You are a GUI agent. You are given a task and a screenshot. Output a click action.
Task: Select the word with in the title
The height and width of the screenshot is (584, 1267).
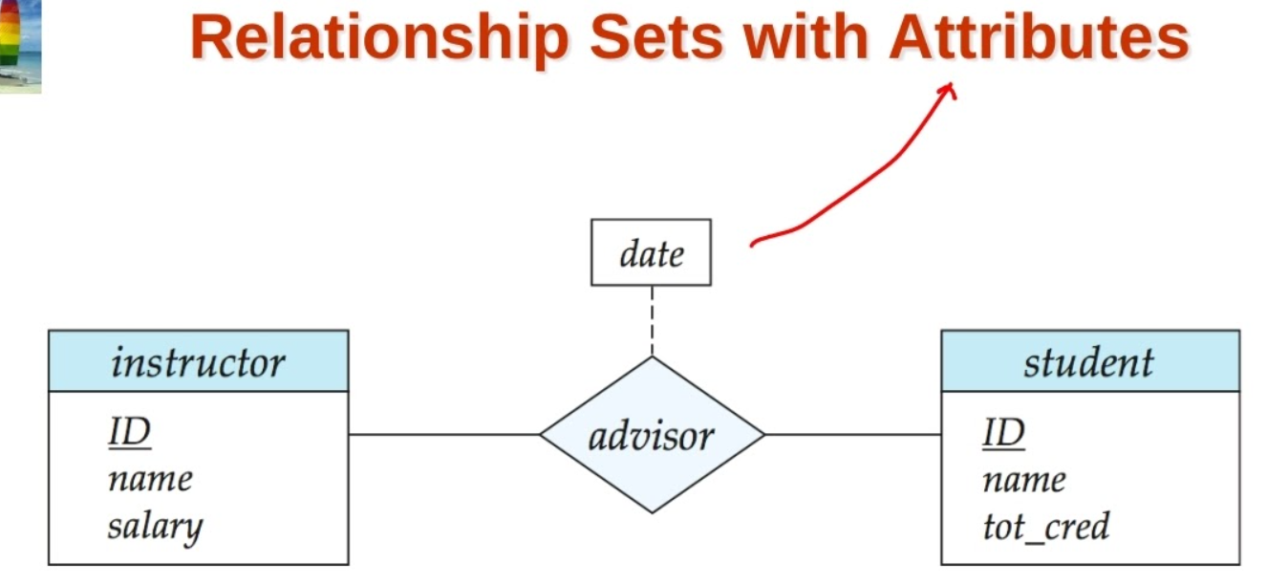pyautogui.click(x=804, y=38)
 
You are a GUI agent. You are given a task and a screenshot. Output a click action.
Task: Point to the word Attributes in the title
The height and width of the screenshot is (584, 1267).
pyautogui.click(x=1040, y=38)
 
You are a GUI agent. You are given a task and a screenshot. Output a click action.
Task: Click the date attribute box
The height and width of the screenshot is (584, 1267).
pyautogui.click(x=651, y=253)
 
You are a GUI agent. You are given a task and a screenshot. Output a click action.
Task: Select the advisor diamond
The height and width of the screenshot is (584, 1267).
pyautogui.click(x=652, y=436)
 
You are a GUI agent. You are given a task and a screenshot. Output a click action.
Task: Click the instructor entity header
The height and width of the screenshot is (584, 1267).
pyautogui.click(x=198, y=362)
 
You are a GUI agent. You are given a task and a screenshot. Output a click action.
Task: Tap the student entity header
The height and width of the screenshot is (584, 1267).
pyautogui.click(x=1089, y=362)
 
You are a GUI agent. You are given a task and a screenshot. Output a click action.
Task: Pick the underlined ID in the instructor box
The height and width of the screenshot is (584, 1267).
pyautogui.click(x=129, y=433)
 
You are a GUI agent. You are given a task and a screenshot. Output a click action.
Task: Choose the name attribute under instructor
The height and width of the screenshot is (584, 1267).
pyautogui.click(x=150, y=479)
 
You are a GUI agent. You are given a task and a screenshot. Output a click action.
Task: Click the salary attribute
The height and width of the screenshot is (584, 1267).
pyautogui.click(x=155, y=526)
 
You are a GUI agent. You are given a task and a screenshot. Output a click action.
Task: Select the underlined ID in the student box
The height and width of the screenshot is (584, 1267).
pyautogui.click(x=1003, y=433)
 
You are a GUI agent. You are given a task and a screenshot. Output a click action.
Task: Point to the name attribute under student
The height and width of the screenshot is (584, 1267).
pyautogui.click(x=1023, y=479)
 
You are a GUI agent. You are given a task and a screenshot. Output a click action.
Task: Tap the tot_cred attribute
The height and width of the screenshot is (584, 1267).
pyautogui.click(x=1046, y=526)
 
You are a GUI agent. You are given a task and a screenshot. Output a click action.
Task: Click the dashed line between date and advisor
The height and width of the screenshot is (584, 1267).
pyautogui.click(x=653, y=321)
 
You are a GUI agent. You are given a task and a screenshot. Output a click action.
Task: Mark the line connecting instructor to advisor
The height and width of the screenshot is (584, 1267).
pyautogui.click(x=444, y=435)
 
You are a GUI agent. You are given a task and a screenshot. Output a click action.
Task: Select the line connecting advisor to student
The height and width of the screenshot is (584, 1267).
pyautogui.click(x=852, y=435)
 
